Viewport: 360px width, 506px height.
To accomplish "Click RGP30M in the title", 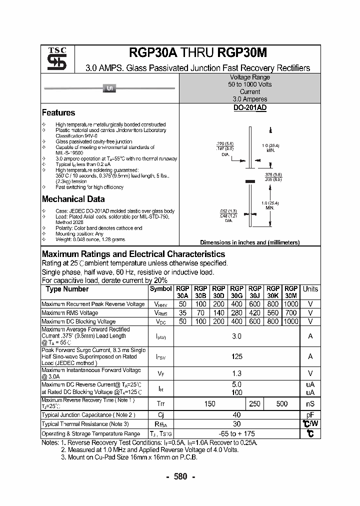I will click(241, 53).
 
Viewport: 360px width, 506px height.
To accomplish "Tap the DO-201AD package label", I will click(249, 108).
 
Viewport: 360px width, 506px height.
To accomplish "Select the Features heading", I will click(58, 113).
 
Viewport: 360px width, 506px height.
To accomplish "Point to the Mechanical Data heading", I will click(73, 199).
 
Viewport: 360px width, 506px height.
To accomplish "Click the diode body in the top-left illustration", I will click(109, 89).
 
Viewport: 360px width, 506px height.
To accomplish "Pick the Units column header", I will click(310, 289).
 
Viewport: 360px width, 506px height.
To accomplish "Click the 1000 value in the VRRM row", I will click(290, 304).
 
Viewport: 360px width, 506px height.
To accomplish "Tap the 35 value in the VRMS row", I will click(182, 313).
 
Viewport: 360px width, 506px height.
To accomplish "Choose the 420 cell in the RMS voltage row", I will click(254, 313).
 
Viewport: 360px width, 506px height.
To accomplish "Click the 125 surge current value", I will click(236, 356).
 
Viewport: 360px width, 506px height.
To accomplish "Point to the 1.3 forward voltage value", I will click(236, 373).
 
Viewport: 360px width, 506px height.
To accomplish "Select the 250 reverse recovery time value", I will click(254, 403).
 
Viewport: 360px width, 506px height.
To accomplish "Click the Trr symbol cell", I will click(160, 403).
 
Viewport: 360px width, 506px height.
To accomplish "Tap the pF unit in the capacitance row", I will click(310, 415).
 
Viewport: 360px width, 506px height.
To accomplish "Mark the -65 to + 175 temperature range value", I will click(236, 433).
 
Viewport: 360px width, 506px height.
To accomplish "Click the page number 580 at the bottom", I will click(180, 476).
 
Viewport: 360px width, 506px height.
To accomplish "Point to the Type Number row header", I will click(67, 289).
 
